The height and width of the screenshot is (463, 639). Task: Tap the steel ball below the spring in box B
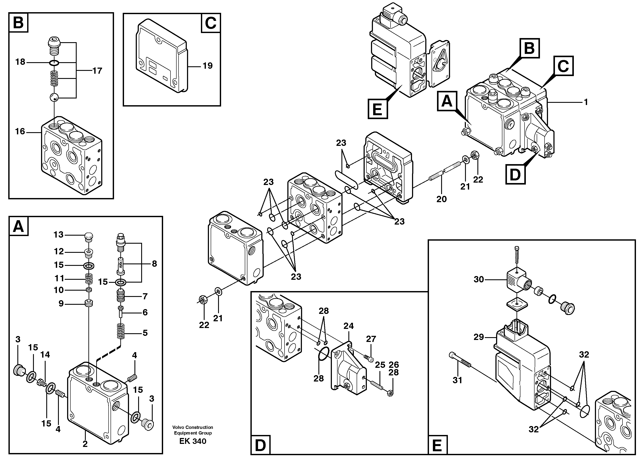click(x=54, y=98)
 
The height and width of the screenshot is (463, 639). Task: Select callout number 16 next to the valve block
click(x=20, y=131)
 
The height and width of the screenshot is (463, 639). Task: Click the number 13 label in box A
click(x=59, y=235)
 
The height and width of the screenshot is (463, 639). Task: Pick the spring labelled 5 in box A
click(x=121, y=332)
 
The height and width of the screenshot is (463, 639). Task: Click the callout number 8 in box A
click(x=154, y=264)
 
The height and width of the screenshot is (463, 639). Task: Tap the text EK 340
click(x=193, y=441)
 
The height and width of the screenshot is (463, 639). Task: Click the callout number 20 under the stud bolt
click(x=442, y=199)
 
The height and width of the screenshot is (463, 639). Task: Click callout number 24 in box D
click(x=349, y=326)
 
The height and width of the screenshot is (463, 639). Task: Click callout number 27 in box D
click(x=371, y=339)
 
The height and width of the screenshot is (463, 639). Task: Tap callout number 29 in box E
click(x=479, y=337)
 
